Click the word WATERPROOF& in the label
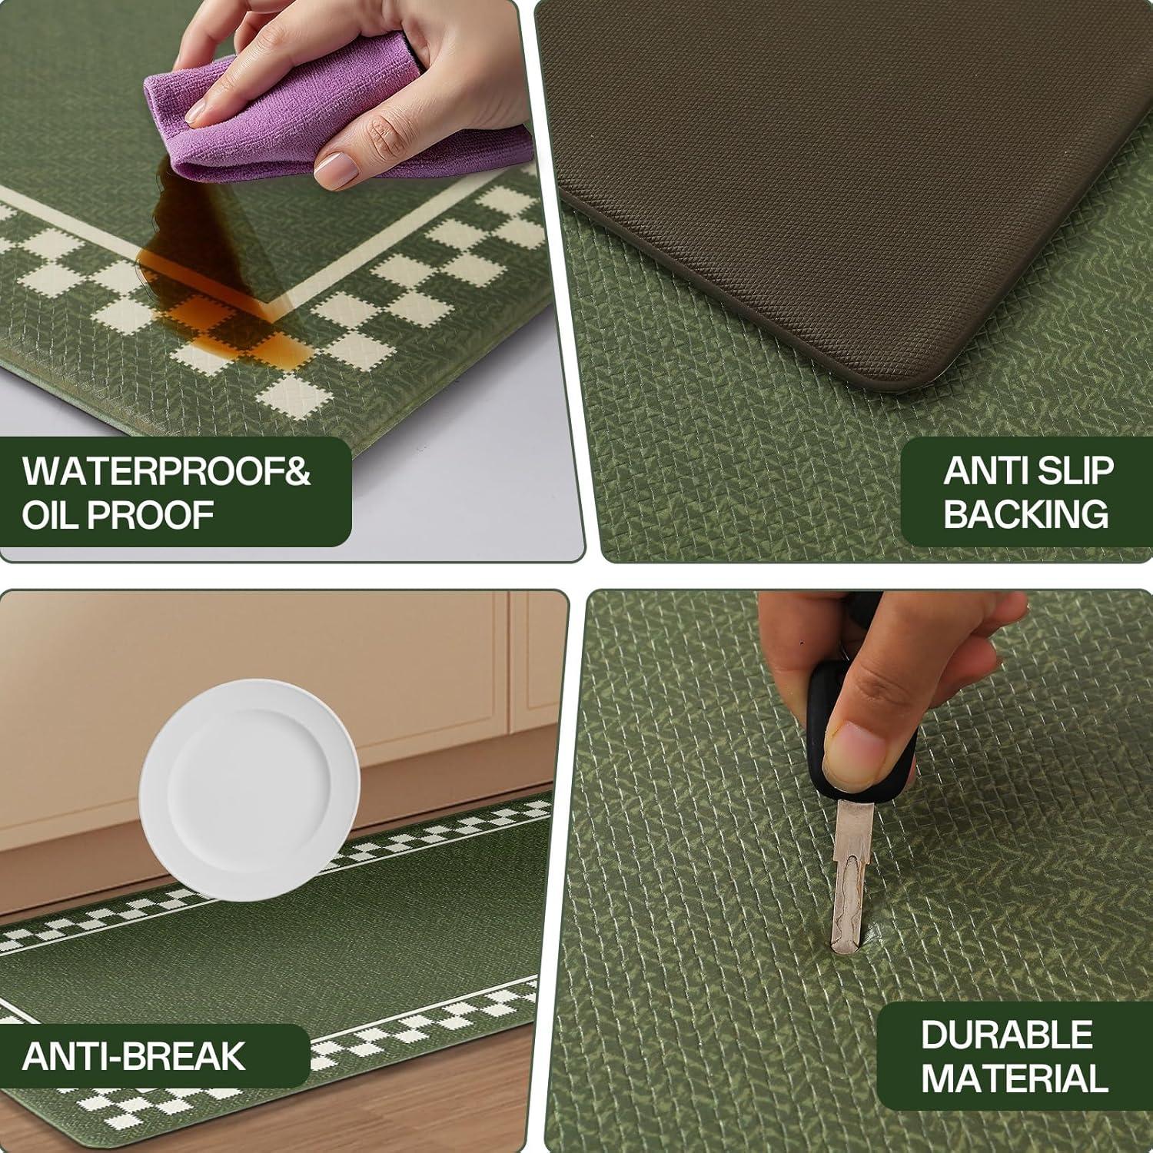(x=166, y=471)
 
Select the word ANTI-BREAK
(x=134, y=1055)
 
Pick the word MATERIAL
(x=1015, y=1078)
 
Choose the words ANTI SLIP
(x=1028, y=470)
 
